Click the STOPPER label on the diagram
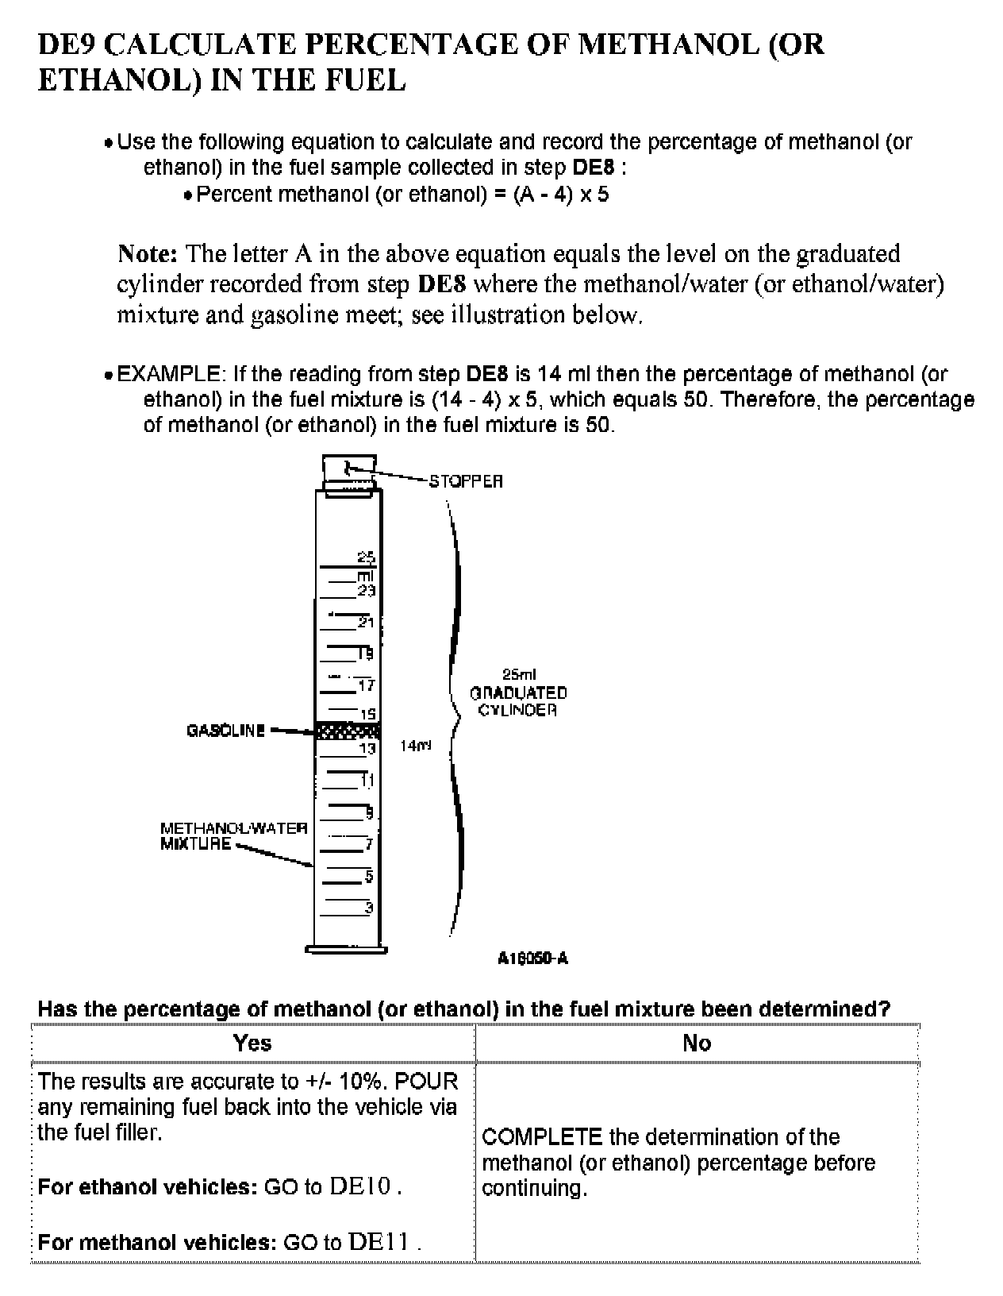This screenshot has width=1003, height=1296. [466, 481]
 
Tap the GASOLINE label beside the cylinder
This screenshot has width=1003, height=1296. [225, 731]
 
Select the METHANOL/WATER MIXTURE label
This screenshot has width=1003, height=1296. [233, 836]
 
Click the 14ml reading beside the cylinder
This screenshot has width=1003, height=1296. [416, 746]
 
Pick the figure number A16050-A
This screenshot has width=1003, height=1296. [532, 958]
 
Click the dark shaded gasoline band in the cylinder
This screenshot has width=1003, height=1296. [348, 731]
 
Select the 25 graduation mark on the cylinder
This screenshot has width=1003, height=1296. [366, 557]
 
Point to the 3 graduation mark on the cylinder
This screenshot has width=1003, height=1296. [368, 908]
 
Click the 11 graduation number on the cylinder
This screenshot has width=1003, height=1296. [367, 781]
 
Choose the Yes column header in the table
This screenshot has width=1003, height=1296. [252, 1043]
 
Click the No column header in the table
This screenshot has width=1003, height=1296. [697, 1043]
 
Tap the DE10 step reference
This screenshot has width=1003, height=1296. [362, 1187]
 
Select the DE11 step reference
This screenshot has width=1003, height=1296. [379, 1242]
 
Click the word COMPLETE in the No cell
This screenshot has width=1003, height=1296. [542, 1137]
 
